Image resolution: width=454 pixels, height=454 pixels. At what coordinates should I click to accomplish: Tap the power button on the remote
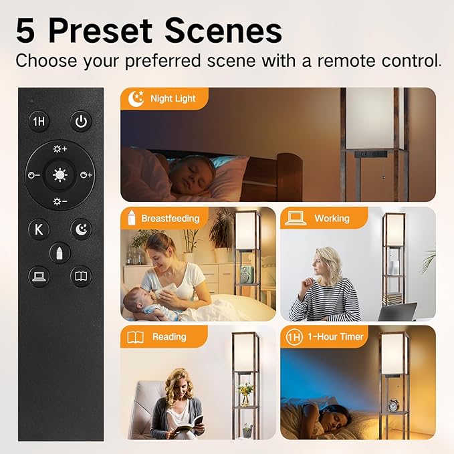coord(81,122)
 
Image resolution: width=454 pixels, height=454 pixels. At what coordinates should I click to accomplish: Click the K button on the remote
coord(39,229)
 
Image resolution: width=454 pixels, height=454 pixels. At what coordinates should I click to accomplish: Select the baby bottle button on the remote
coord(60,253)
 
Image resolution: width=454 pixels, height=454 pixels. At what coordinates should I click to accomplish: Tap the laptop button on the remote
coord(39,277)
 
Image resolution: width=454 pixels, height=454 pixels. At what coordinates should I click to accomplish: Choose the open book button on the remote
coord(81,277)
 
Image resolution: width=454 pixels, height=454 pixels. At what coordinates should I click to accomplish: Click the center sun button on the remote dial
coord(60,175)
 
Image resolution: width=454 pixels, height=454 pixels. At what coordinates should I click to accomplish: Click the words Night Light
coord(173,99)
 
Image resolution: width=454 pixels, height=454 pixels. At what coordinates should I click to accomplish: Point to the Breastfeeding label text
coord(171,219)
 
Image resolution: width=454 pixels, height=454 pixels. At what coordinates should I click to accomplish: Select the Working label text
coord(332,219)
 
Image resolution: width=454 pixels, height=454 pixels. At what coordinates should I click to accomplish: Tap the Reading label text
coord(169,337)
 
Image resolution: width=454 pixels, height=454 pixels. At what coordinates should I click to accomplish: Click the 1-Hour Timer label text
coord(335,337)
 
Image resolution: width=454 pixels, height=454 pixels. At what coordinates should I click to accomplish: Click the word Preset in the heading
coord(100,30)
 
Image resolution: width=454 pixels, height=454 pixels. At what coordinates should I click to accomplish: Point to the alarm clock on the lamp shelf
coord(393,405)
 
